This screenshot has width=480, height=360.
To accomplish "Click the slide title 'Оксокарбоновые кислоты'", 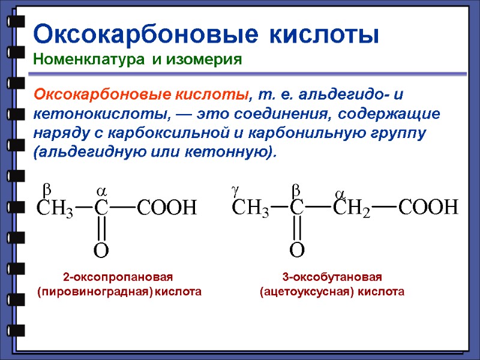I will pyautogui.click(x=206, y=34).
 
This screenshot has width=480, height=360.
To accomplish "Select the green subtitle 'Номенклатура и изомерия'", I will pyautogui.click(x=137, y=59).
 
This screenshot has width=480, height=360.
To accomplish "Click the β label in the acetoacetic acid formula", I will pyautogui.click(x=295, y=190).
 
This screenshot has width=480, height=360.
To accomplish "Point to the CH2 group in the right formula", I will pyautogui.click(x=352, y=208).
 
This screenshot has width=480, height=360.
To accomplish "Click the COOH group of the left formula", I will pyautogui.click(x=167, y=208).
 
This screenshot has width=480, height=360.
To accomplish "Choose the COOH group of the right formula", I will pyautogui.click(x=428, y=208).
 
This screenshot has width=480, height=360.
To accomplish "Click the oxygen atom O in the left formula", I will pyautogui.click(x=101, y=251).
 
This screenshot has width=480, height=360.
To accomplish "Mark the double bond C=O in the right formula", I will pyautogui.click(x=297, y=229).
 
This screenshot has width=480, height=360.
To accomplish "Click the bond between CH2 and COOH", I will pyautogui.click(x=384, y=208).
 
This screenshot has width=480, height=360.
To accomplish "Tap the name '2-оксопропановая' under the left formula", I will pyautogui.click(x=118, y=277).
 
